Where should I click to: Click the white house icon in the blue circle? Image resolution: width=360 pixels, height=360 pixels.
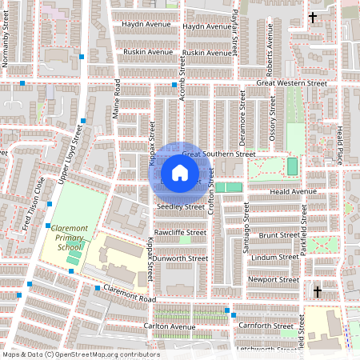tap(180, 173)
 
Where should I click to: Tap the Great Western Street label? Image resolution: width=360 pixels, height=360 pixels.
tap(292, 82)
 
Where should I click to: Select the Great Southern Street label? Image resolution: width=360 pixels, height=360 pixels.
tap(218, 154)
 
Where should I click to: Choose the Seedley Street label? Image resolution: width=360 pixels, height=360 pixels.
tap(181, 206)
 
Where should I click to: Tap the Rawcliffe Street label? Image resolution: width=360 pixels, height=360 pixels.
tap(180, 232)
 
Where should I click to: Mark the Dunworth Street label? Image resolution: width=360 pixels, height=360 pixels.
tap(180, 258)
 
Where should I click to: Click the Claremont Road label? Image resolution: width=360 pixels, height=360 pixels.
tap(128, 295)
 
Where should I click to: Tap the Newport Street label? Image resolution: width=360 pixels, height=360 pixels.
tap(273, 280)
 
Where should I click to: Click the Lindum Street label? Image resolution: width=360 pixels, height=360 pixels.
tap(274, 258)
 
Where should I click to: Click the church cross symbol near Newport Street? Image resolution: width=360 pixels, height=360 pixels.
tap(318, 291)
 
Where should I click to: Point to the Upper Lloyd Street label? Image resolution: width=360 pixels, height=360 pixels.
tap(66, 151)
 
